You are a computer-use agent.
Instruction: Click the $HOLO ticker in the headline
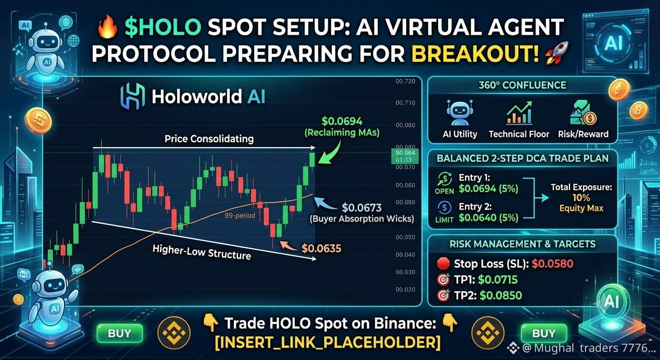click(163, 27)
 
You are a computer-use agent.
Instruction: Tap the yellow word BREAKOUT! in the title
click(475, 53)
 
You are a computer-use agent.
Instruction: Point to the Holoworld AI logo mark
click(133, 97)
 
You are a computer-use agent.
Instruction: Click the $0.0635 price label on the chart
click(321, 248)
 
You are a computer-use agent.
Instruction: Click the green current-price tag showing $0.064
click(405, 156)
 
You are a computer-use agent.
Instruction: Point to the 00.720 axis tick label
click(405, 81)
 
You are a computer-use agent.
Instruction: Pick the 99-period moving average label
click(240, 216)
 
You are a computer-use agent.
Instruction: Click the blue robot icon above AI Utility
click(459, 113)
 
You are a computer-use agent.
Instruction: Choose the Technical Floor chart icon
click(519, 113)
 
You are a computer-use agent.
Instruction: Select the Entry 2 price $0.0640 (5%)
click(488, 217)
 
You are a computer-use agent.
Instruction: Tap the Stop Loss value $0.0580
click(553, 263)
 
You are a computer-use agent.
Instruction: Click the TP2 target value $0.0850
click(501, 295)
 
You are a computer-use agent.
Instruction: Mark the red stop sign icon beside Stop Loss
click(443, 263)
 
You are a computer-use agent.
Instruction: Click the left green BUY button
click(120, 333)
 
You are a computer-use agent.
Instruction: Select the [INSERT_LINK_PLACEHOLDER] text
click(328, 342)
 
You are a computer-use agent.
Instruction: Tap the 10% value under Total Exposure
click(581, 197)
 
